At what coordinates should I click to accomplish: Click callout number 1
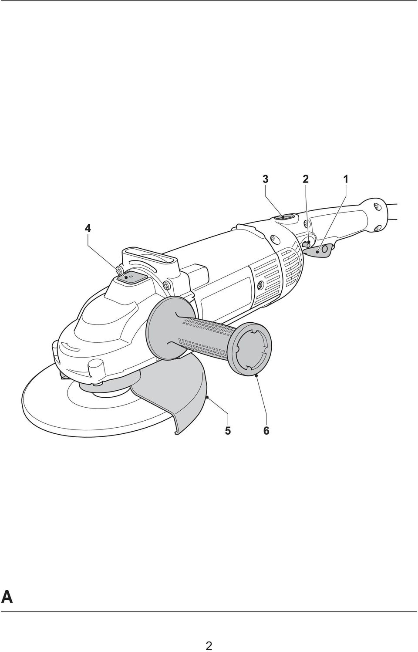pyautogui.click(x=346, y=179)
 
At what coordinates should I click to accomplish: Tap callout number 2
pyautogui.click(x=305, y=179)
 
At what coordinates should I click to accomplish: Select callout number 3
pyautogui.click(x=265, y=179)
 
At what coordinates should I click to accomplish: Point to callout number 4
pyautogui.click(x=88, y=229)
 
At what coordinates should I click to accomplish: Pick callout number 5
pyautogui.click(x=228, y=430)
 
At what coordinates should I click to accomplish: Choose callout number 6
pyautogui.click(x=266, y=430)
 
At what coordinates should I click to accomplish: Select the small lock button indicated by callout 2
pyautogui.click(x=307, y=243)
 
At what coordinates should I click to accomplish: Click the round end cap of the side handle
pyautogui.click(x=251, y=349)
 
